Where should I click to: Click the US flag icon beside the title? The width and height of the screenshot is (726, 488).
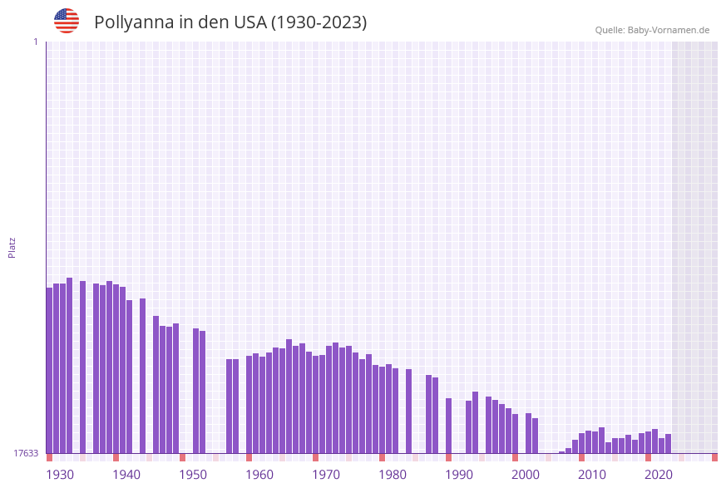(67, 21)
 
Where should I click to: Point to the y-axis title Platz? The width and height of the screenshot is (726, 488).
(12, 247)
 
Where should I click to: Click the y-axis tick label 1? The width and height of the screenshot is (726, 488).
(35, 42)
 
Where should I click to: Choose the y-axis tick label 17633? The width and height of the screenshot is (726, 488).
(26, 453)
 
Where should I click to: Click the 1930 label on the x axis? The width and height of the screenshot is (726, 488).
(60, 474)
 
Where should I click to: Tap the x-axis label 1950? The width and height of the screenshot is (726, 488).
(193, 474)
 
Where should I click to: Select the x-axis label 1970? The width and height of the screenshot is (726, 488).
(326, 474)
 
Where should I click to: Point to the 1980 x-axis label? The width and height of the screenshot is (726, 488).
(393, 474)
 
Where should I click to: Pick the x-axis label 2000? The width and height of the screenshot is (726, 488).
(526, 474)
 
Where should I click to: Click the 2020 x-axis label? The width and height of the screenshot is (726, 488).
(659, 474)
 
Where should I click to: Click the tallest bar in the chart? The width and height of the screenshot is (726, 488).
(70, 366)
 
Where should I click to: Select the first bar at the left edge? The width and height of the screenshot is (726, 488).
(50, 370)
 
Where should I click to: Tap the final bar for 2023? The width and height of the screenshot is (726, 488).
(669, 444)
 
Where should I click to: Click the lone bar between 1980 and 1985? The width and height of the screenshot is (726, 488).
(409, 411)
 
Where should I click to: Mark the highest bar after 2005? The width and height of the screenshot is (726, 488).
(602, 441)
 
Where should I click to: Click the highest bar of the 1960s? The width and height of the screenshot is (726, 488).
(289, 396)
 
